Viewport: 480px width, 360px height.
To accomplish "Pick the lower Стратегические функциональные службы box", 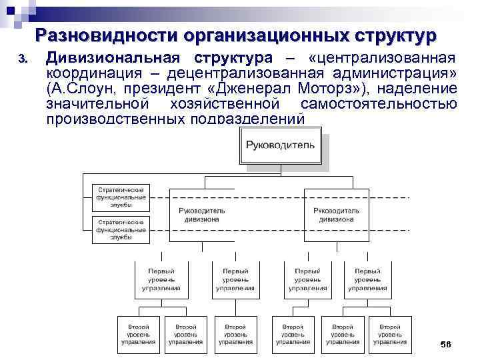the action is (121, 229).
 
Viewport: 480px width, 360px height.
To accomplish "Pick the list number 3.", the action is (23, 59).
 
